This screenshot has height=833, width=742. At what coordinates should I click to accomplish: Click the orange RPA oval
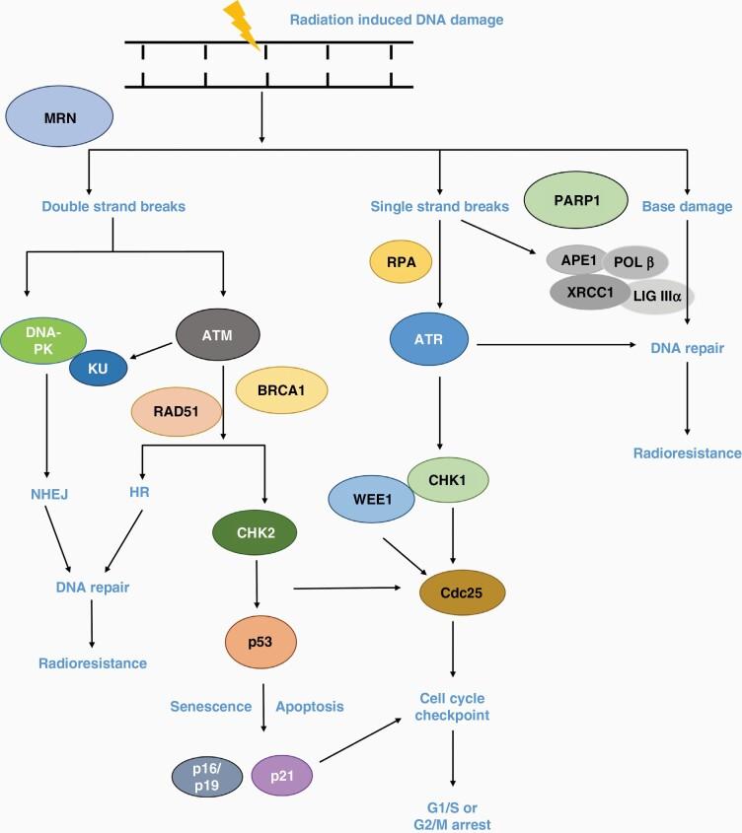[401, 263]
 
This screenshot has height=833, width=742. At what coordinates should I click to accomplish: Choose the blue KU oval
[99, 368]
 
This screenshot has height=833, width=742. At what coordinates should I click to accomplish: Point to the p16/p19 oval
[208, 778]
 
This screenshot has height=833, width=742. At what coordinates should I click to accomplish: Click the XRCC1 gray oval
[589, 293]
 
